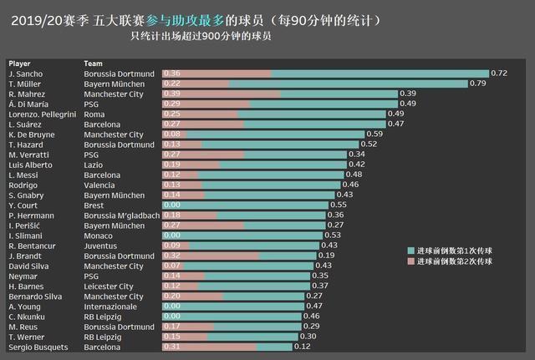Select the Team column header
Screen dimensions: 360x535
click(x=94, y=63)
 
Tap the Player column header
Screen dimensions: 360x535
click(x=20, y=63)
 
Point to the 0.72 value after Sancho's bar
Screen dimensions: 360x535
click(x=499, y=74)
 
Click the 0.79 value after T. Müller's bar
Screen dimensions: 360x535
click(x=477, y=84)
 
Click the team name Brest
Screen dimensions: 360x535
click(x=94, y=205)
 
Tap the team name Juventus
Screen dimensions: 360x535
click(x=100, y=246)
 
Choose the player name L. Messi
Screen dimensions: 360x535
click(x=23, y=175)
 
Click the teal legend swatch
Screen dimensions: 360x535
click(x=410, y=251)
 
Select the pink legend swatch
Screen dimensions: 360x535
click(x=410, y=261)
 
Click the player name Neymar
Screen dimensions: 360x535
click(x=21, y=276)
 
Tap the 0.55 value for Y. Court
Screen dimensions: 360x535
click(x=339, y=205)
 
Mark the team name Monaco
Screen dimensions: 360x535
click(x=98, y=236)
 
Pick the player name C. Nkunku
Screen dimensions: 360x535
click(x=25, y=317)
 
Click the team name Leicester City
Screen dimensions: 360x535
click(x=109, y=286)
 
